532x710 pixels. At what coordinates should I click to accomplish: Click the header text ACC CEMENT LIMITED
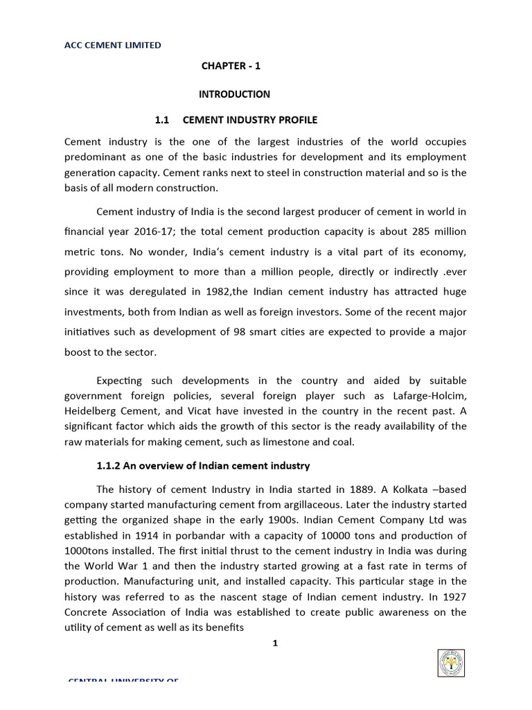tap(114, 45)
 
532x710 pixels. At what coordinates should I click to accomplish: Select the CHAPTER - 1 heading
tap(231, 67)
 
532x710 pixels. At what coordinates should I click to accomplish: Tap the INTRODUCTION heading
tap(236, 94)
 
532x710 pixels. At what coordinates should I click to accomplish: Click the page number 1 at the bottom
tap(275, 643)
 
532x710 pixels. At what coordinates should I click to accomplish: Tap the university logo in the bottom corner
tap(452, 664)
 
